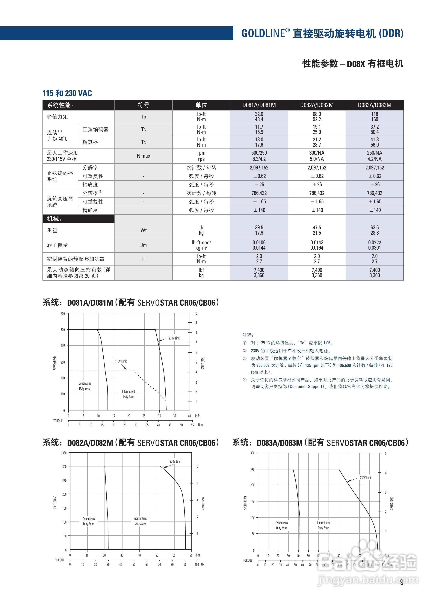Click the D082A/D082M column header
point(317,105)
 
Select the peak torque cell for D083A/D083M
point(374,117)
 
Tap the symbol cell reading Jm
point(143,245)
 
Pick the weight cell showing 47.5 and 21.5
point(317,230)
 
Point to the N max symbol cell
point(143,156)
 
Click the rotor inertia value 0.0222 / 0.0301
point(374,245)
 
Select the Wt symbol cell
point(143,230)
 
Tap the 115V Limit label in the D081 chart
point(121,361)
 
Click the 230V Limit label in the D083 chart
point(365,478)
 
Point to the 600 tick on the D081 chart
point(63,314)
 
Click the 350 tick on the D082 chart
point(64,453)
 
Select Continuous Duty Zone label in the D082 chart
point(89,521)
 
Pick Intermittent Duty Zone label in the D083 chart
point(323,525)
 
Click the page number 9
point(401,583)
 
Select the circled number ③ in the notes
point(245,358)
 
